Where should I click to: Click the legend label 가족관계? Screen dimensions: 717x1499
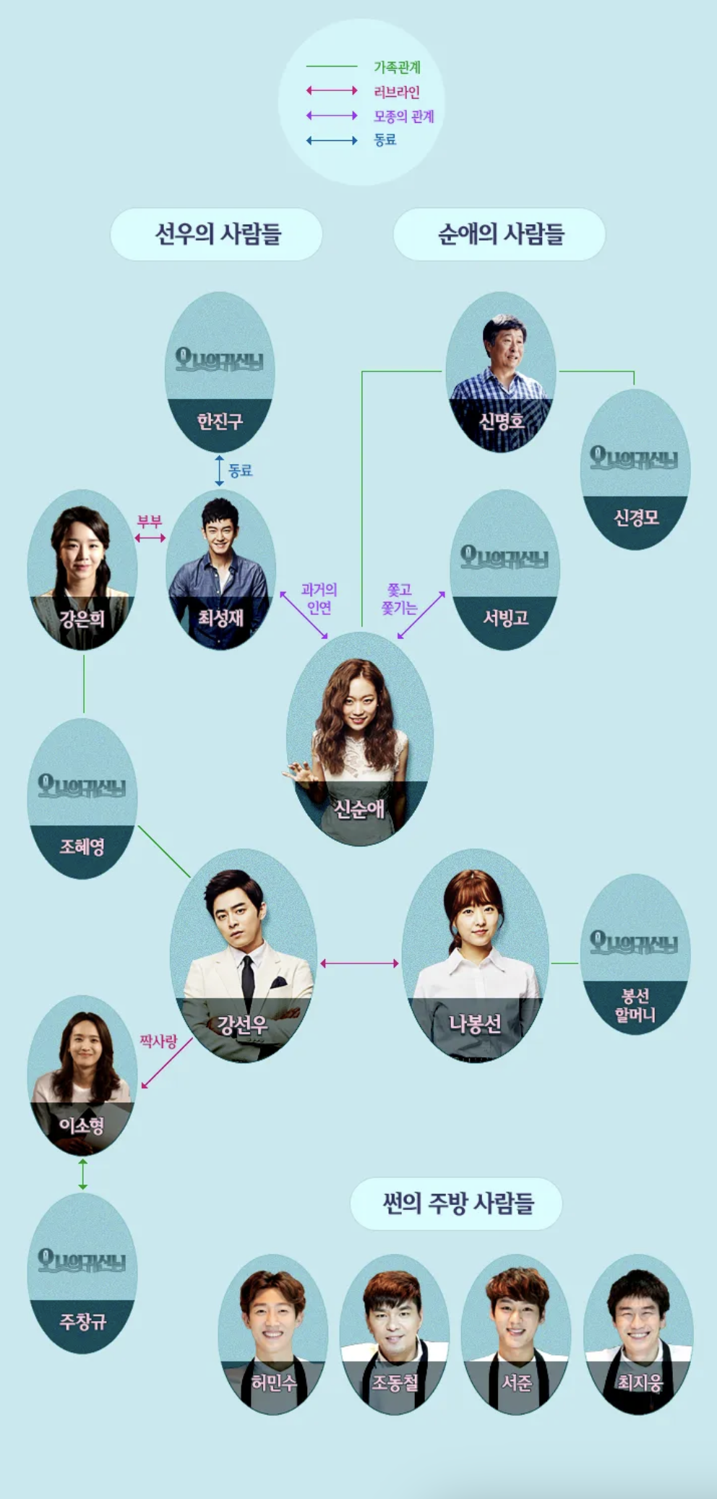[x=397, y=67]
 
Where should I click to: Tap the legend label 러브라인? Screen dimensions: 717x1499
[x=396, y=92]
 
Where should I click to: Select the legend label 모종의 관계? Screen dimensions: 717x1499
[x=403, y=116]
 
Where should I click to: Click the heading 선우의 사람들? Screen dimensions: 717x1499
[x=217, y=234]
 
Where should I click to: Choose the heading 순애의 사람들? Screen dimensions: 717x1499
[x=500, y=234]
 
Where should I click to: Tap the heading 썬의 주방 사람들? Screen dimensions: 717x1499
[x=457, y=1203]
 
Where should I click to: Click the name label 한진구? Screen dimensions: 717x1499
[x=220, y=421]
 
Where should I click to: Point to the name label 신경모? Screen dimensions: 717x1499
[x=636, y=517]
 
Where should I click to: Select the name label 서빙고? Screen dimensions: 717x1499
[x=505, y=618]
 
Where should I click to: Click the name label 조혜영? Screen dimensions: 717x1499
[x=82, y=846]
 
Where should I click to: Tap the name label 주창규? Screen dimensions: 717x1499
[x=82, y=1321]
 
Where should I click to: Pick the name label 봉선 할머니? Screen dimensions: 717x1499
[x=635, y=1005]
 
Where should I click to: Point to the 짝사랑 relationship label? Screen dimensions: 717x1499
[x=158, y=1041]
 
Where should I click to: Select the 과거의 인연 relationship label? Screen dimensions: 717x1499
[x=319, y=598]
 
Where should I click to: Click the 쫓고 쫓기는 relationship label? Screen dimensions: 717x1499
[x=399, y=598]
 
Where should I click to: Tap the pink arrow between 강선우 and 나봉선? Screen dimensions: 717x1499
[x=359, y=963]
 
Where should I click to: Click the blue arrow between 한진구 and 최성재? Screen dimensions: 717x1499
[x=220, y=471]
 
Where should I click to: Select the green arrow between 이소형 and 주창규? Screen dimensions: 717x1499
[x=82, y=1174]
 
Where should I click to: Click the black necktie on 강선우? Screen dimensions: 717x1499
[x=248, y=983]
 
